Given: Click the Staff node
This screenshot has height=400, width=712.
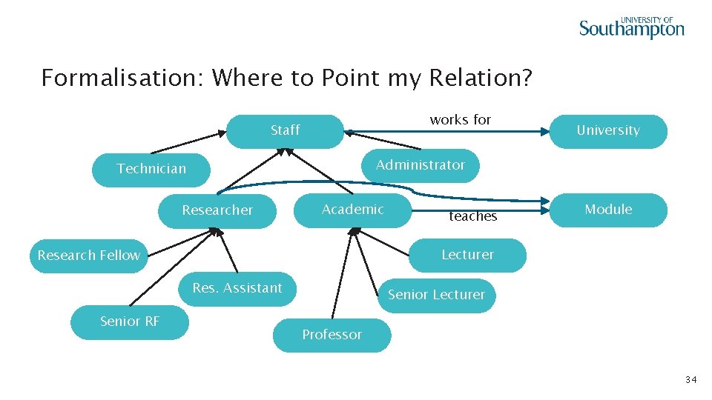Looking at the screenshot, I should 285,131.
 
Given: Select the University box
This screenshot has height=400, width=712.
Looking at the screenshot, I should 608,131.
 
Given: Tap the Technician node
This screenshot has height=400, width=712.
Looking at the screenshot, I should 151,170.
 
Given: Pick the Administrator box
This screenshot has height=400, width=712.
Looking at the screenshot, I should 421,165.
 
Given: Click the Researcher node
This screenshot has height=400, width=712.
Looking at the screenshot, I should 217,210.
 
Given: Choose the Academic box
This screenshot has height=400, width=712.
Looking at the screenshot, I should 353,210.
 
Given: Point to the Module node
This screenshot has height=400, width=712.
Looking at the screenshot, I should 608,210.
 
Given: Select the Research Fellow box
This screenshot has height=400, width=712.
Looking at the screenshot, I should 89,256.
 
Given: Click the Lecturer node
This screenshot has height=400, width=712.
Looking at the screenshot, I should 467,255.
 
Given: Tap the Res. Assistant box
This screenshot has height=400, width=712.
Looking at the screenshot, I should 237,288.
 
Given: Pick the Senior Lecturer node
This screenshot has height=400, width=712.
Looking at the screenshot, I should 436,295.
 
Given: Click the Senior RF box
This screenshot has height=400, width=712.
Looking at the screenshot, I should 130,321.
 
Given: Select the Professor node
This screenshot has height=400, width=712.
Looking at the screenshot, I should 332,335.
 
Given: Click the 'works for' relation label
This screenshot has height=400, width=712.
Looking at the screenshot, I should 460,120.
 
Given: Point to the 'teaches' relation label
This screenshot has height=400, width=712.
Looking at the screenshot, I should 472,216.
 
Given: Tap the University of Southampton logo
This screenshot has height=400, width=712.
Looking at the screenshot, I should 631,27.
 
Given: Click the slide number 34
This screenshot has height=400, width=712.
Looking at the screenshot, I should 690,380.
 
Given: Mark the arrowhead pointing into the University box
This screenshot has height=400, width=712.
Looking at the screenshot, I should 545,132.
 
